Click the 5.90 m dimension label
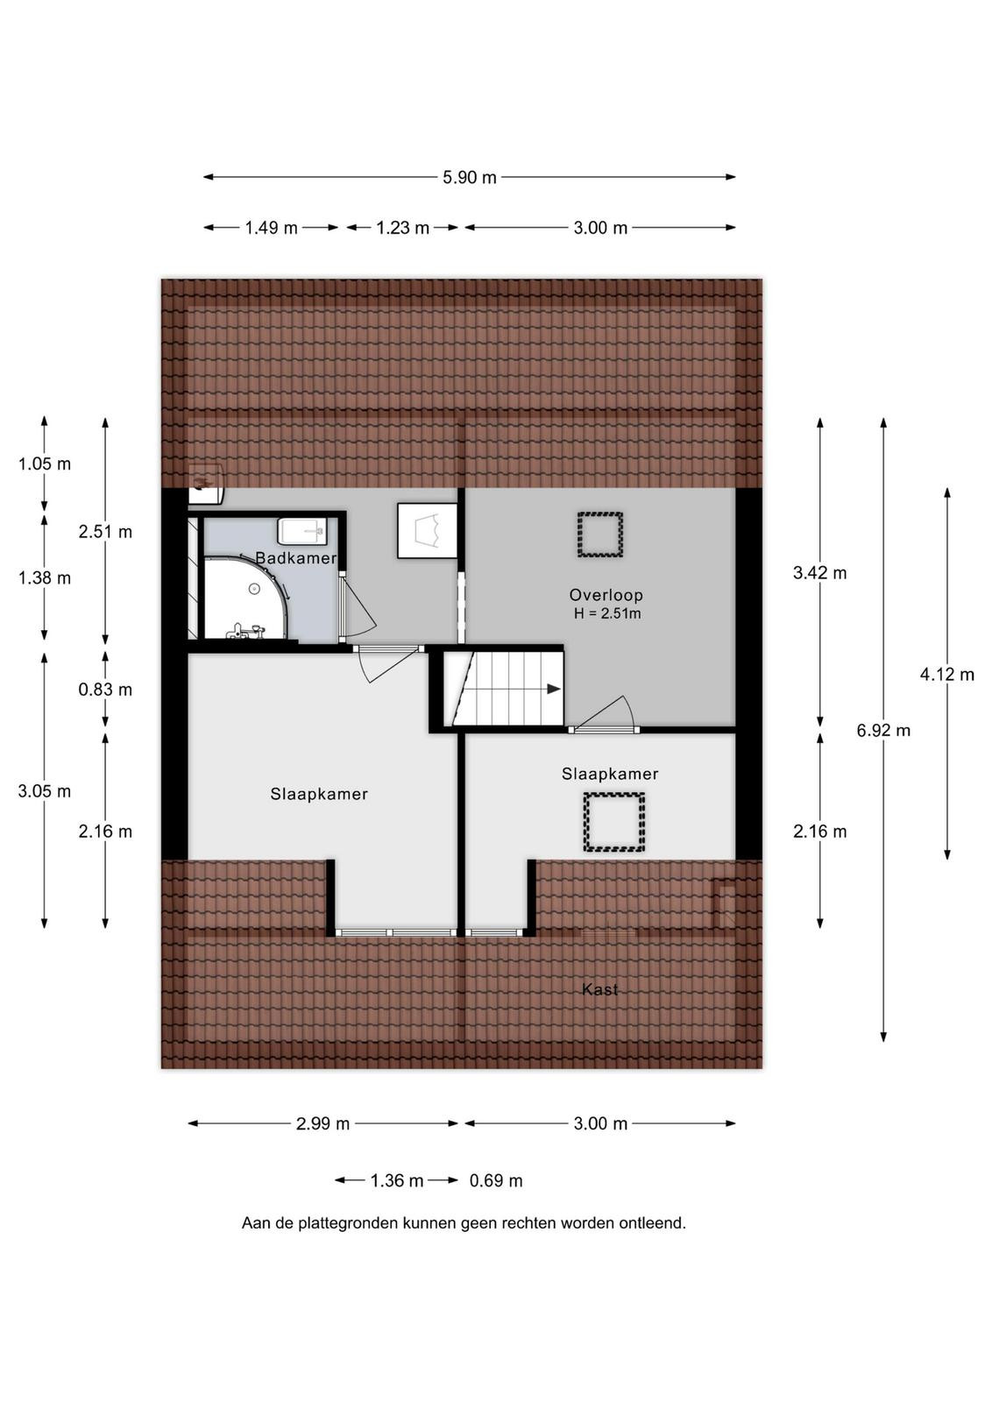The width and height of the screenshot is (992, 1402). click(x=470, y=177)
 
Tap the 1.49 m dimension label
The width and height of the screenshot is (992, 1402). click(x=271, y=228)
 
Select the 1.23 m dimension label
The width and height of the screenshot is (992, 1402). click(x=402, y=228)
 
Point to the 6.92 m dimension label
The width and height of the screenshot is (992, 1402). click(x=883, y=731)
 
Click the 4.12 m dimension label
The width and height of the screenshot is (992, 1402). click(x=947, y=674)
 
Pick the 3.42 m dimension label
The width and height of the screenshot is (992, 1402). click(x=820, y=573)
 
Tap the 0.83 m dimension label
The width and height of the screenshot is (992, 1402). click(x=105, y=690)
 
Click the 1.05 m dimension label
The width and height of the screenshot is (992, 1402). click(x=45, y=464)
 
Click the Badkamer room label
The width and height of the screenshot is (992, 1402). click(x=296, y=557)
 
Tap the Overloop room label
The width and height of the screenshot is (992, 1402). click(x=606, y=595)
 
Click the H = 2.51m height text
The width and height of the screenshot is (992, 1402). click(x=607, y=613)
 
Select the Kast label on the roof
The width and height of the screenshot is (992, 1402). click(x=599, y=989)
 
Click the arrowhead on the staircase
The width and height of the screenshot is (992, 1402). click(x=553, y=689)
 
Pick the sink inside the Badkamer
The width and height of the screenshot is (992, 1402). click(x=303, y=531)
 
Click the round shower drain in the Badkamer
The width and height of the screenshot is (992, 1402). click(x=254, y=588)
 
